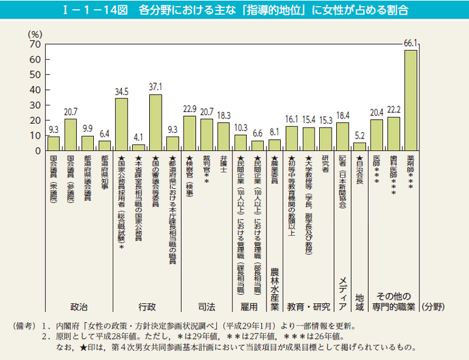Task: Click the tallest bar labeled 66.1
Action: coord(410,100)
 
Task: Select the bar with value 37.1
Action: coord(155,122)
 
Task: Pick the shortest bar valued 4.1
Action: coord(138,148)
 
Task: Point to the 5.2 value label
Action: coord(360,136)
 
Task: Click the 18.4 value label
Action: coord(343,115)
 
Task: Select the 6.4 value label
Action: coord(104,134)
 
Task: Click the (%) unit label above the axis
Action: coord(35,33)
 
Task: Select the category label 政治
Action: coord(79,306)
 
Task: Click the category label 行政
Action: coord(147,306)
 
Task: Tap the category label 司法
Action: coord(206,306)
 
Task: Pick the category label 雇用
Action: coord(249,306)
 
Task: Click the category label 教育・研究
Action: coord(308,306)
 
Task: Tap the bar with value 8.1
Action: coord(274,145)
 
